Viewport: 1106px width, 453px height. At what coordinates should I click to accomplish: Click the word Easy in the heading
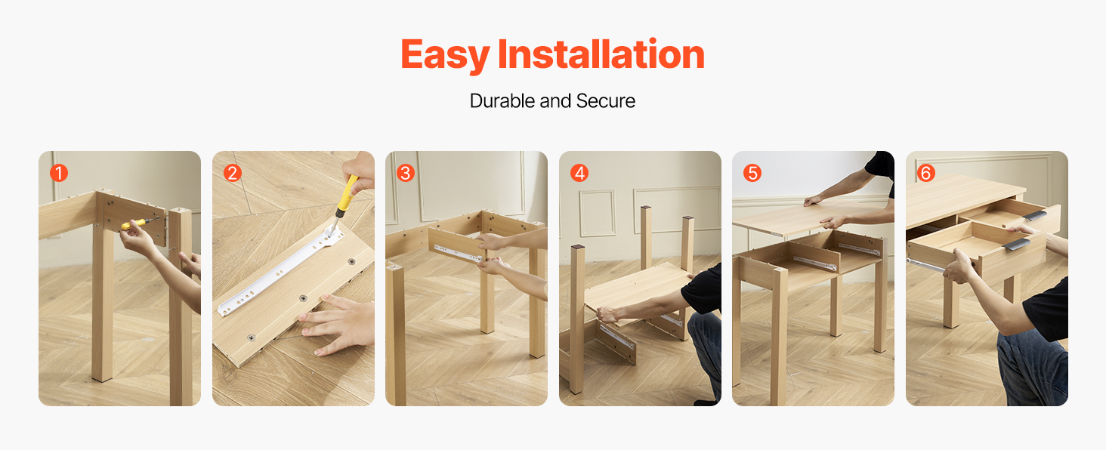pyautogui.click(x=445, y=55)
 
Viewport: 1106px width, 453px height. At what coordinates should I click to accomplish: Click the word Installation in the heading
pyautogui.click(x=601, y=54)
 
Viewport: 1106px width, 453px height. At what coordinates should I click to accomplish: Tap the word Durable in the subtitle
pyautogui.click(x=502, y=100)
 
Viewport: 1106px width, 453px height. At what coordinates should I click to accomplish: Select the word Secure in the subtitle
pyautogui.click(x=605, y=100)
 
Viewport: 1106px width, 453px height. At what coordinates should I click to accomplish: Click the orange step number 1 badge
pyautogui.click(x=59, y=173)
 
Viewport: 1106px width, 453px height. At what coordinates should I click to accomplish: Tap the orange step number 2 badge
pyautogui.click(x=233, y=173)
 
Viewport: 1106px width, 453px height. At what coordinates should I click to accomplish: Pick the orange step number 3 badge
pyautogui.click(x=406, y=173)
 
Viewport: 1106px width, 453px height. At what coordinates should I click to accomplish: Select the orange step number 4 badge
pyautogui.click(x=579, y=173)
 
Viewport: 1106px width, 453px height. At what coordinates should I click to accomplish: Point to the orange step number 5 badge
pyautogui.click(x=752, y=173)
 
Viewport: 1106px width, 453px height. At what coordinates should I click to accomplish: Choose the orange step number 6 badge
pyautogui.click(x=926, y=173)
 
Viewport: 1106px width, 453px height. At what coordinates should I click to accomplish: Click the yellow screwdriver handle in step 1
pyautogui.click(x=133, y=224)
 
